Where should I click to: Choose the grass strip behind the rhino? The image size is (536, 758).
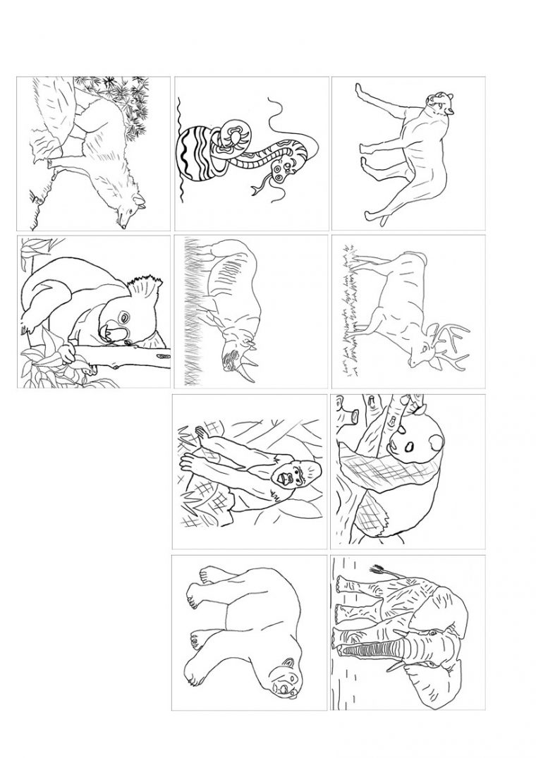click(x=189, y=310)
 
